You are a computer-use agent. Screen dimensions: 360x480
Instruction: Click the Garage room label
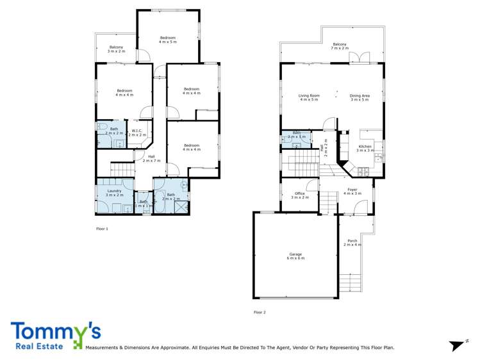pyautogui.click(x=295, y=256)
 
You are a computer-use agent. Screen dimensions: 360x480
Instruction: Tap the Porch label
pyautogui.click(x=352, y=243)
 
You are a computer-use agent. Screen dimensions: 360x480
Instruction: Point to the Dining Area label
pyautogui.click(x=360, y=98)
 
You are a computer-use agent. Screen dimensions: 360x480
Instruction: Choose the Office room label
pyautogui.click(x=299, y=195)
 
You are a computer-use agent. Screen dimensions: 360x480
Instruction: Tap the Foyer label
pyautogui.click(x=352, y=191)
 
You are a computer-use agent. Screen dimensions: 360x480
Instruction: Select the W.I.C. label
pyautogui.click(x=138, y=133)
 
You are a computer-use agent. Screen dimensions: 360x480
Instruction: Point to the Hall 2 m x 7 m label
pyautogui.click(x=152, y=158)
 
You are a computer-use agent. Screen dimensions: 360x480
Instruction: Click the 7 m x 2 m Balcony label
pyautogui.click(x=340, y=46)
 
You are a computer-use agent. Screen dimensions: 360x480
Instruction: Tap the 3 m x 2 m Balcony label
pyautogui.click(x=116, y=49)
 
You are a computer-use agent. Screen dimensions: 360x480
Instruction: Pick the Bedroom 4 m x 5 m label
pyautogui.click(x=167, y=40)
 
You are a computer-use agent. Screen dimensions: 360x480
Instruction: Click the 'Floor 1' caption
pyautogui.click(x=102, y=229)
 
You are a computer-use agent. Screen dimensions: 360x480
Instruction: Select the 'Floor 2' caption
pyautogui.click(x=260, y=312)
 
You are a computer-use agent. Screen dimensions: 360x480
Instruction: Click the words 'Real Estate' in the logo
pyautogui.click(x=36, y=347)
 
